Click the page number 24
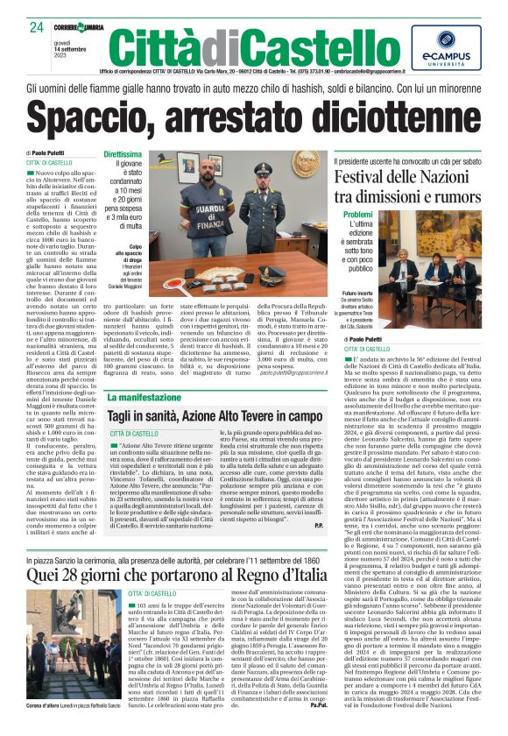36,27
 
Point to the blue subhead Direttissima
122,154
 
